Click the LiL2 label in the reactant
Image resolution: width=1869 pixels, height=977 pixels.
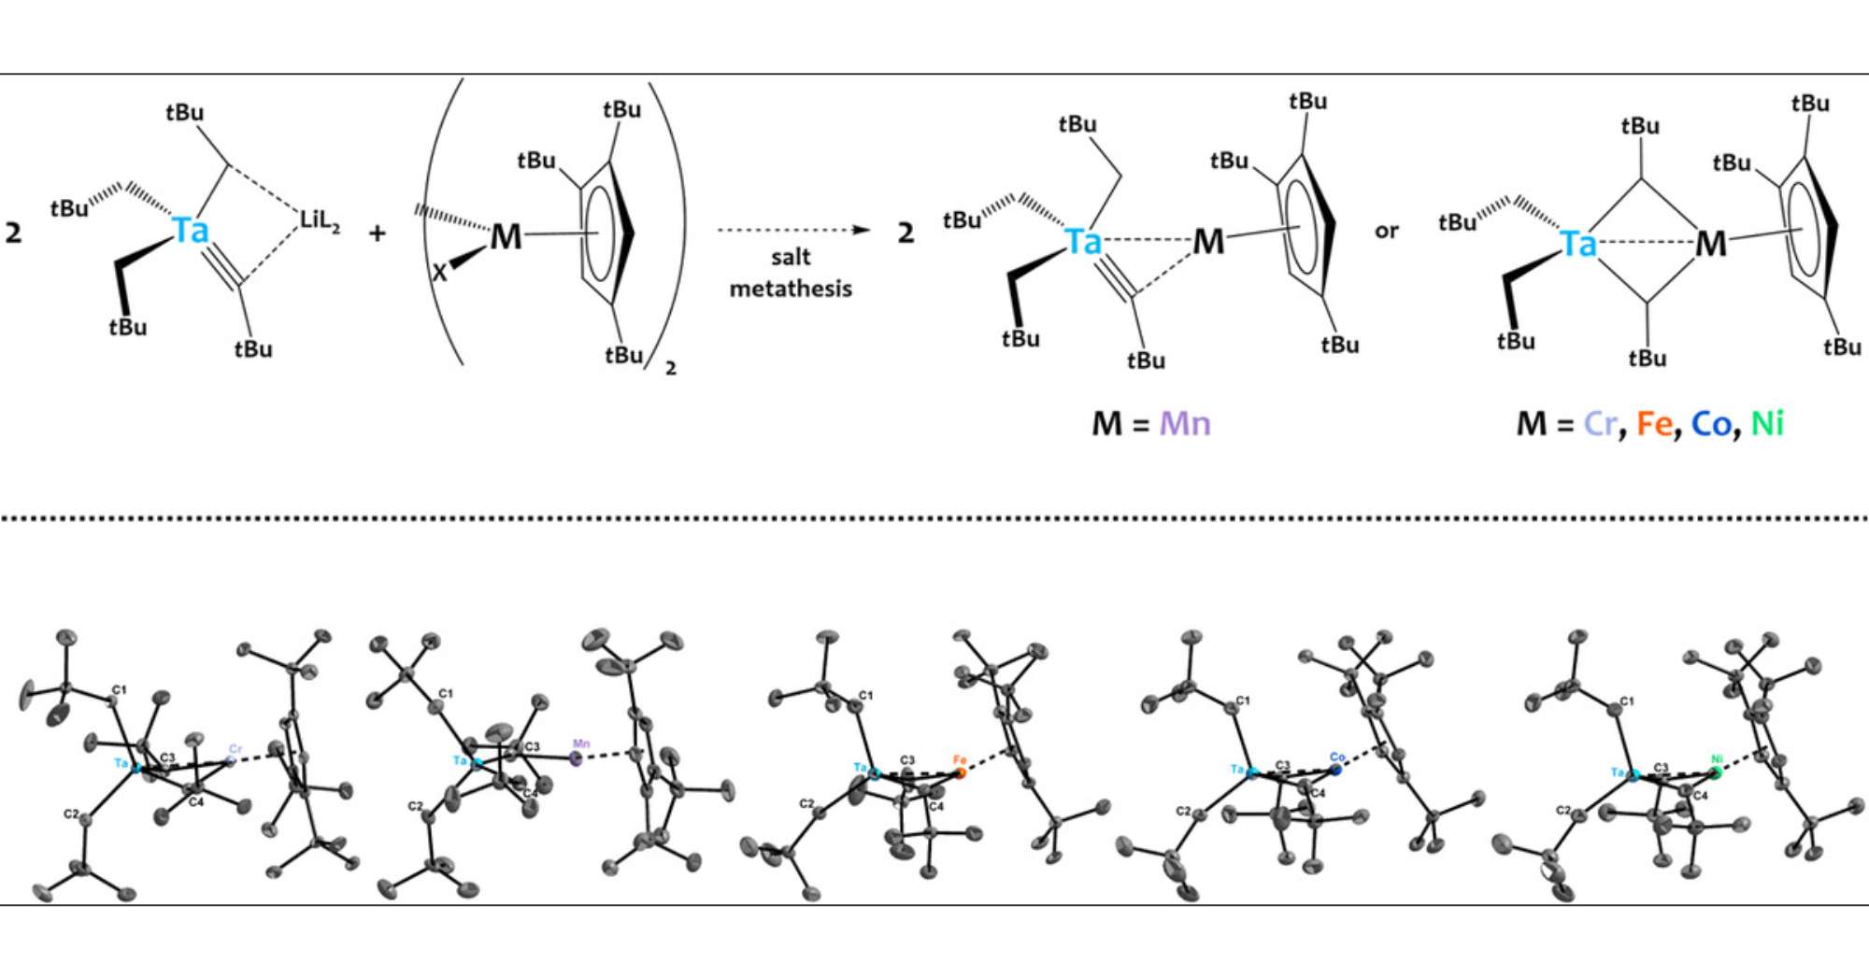point(319,221)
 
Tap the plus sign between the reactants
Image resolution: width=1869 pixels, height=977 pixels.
point(377,233)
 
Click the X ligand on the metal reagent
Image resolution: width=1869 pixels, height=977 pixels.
point(439,273)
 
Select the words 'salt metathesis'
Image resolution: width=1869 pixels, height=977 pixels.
point(791,273)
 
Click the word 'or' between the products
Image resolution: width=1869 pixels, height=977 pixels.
point(1387,231)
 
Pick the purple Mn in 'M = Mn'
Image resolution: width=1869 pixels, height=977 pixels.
point(1184,424)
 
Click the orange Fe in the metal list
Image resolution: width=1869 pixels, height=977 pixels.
point(1654,424)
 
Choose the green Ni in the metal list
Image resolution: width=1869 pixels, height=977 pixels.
point(1766,424)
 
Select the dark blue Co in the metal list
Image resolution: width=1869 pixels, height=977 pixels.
point(1711,424)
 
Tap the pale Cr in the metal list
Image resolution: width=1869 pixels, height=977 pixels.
point(1600,424)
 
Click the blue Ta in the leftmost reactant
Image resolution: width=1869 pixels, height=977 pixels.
point(192,230)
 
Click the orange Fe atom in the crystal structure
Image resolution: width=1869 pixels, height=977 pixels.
point(961,772)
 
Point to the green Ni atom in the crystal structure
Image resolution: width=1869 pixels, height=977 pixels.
point(1716,772)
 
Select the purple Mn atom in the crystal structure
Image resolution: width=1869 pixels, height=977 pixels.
point(576,759)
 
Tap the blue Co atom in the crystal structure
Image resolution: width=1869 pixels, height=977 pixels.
point(1336,770)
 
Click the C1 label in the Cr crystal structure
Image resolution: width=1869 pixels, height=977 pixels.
point(119,690)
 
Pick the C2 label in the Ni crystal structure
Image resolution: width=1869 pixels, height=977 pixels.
point(1562,810)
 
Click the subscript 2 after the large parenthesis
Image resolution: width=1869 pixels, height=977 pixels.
point(670,369)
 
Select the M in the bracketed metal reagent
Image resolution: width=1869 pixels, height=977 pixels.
point(506,237)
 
